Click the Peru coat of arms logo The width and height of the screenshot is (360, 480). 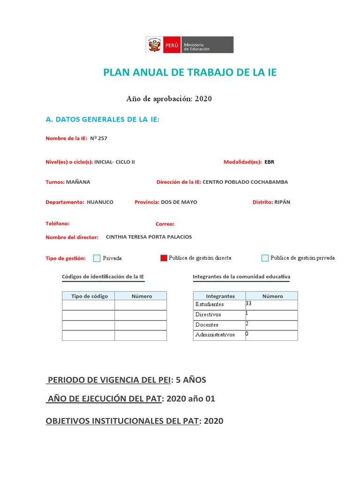click(x=153, y=45)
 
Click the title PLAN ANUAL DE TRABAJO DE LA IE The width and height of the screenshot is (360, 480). click(x=190, y=72)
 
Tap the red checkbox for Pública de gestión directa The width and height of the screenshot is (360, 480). click(x=164, y=258)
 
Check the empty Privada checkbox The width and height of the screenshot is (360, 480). click(x=97, y=258)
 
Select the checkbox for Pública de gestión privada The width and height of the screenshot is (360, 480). click(x=265, y=258)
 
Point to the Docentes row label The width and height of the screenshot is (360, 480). click(x=207, y=325)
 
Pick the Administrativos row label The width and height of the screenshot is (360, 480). click(x=215, y=335)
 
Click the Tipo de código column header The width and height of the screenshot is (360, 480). click(x=89, y=296)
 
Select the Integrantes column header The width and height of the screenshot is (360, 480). click(x=220, y=296)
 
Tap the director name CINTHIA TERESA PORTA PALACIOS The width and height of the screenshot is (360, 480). click(x=149, y=237)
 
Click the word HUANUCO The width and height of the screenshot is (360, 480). click(x=100, y=202)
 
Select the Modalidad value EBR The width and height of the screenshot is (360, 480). click(x=270, y=162)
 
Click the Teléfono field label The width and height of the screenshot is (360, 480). click(x=58, y=224)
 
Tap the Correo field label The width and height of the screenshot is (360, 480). click(x=165, y=224)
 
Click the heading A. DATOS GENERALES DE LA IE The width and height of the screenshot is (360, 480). click(x=103, y=120)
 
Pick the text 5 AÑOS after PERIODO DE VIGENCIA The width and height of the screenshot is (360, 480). click(x=191, y=380)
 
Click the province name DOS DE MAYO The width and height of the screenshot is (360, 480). click(x=179, y=202)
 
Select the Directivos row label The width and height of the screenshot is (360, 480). click(x=208, y=315)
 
